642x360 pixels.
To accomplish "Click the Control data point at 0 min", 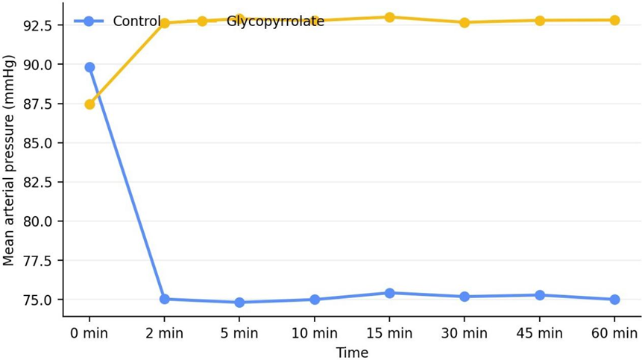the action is pyautogui.click(x=89, y=68).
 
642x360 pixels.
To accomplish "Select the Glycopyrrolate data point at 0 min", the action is pyautogui.click(x=89, y=105).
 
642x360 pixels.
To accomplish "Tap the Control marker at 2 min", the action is pyautogui.click(x=165, y=299).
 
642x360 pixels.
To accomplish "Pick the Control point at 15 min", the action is pyautogui.click(x=389, y=294).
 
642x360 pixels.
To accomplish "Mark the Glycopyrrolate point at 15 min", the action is pyautogui.click(x=389, y=18).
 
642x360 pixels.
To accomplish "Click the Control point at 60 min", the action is pyautogui.click(x=614, y=300).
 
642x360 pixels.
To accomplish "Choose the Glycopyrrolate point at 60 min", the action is pyautogui.click(x=614, y=20).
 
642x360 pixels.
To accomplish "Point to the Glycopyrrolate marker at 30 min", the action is pyautogui.click(x=465, y=22).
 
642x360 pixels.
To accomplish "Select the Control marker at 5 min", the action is pyautogui.click(x=239, y=303).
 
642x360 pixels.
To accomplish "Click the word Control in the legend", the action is pyautogui.click(x=136, y=21).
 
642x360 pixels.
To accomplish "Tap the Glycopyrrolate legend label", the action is pyautogui.click(x=275, y=22).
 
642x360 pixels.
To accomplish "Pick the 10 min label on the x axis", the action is pyautogui.click(x=315, y=333).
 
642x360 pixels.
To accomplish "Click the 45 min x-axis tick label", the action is pyautogui.click(x=540, y=333).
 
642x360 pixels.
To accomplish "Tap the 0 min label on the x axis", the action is pyautogui.click(x=89, y=333).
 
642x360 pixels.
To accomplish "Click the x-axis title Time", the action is pyautogui.click(x=352, y=353).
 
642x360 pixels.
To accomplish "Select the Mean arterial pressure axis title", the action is pyautogui.click(x=9, y=160).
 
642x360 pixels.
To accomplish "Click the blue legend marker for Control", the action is pyautogui.click(x=89, y=21).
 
